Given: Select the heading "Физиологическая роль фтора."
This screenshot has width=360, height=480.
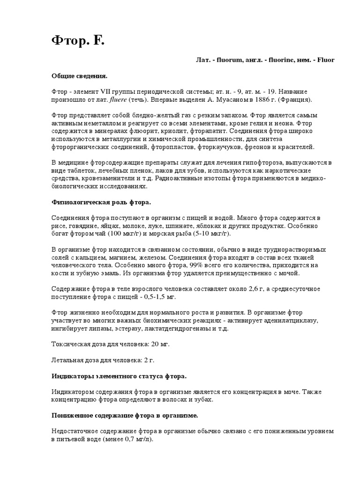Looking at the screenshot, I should (x=101, y=202).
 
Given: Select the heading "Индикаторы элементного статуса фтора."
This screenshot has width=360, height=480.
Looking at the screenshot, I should (x=119, y=376).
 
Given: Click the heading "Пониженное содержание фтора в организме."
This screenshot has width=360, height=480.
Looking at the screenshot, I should (x=124, y=415).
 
